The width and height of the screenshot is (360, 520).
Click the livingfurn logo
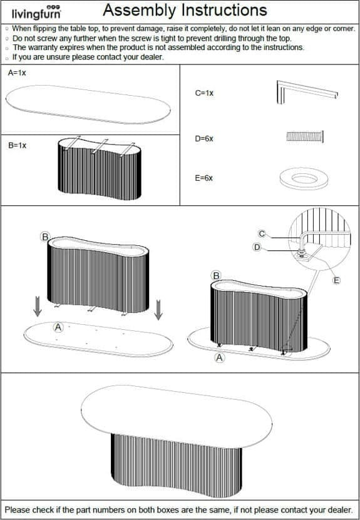36,12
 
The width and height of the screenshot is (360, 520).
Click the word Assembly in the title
139,11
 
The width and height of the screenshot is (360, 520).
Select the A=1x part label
17,73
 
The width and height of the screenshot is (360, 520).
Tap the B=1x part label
18,146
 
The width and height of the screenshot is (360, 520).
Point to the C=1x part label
204,93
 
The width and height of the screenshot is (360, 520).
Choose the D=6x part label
204,139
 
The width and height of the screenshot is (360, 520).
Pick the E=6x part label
203,178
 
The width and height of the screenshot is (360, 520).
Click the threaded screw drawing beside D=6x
305,136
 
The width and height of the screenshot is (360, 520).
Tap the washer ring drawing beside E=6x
304,179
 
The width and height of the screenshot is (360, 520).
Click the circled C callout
262,234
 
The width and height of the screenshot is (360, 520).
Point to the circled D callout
257,247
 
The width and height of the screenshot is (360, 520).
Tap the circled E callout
336,280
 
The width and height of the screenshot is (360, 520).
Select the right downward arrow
158,310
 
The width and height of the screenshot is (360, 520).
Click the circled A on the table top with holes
58,328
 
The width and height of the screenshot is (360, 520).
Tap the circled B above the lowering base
45,237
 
